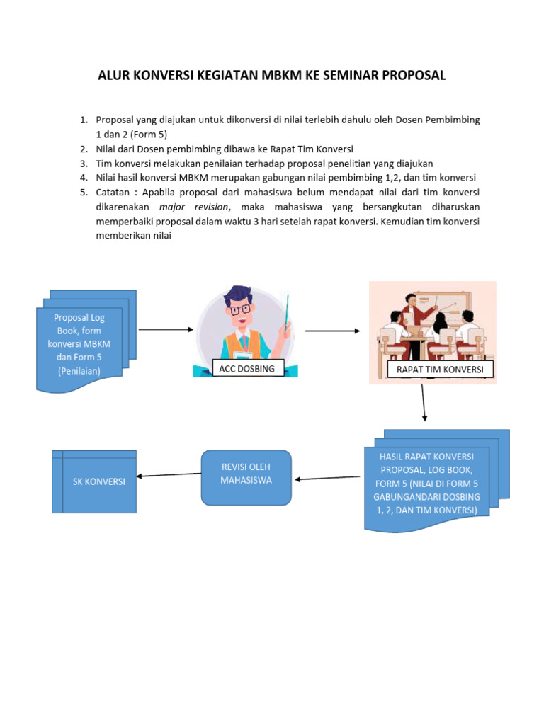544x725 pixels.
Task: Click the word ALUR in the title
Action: pyautogui.click(x=115, y=76)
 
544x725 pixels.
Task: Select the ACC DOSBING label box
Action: pyautogui.click(x=247, y=368)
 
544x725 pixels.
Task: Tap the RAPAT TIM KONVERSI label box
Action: pyautogui.click(x=440, y=370)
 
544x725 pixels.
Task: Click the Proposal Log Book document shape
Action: pyautogui.click(x=79, y=345)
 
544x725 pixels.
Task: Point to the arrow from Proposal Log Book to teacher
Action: pyautogui.click(x=166, y=329)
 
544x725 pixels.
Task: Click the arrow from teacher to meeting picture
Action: pyautogui.click(x=332, y=331)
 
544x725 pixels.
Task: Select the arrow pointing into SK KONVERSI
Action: pyautogui.click(x=169, y=475)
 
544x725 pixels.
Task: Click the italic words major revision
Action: pyautogui.click(x=194, y=207)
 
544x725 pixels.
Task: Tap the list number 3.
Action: pyautogui.click(x=83, y=163)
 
